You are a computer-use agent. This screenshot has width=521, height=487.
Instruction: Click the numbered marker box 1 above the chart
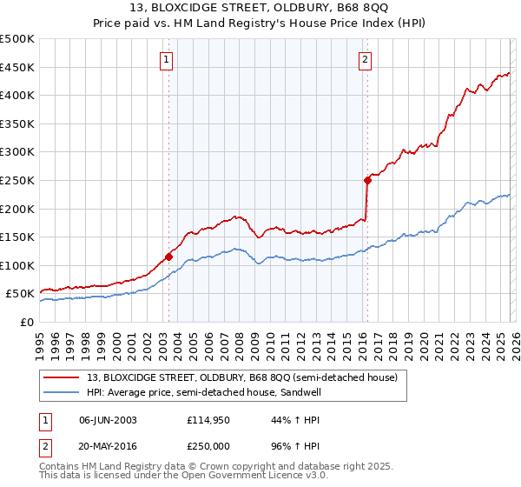coord(166,60)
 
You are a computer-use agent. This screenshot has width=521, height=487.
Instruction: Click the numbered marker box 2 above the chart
coord(365,60)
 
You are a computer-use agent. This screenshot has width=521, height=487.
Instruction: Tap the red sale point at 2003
coord(168,257)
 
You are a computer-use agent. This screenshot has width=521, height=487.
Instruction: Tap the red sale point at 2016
coord(367,180)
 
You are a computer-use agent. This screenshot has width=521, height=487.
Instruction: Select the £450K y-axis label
coord(17,67)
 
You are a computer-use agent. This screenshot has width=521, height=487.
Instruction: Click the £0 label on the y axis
coord(28,322)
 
